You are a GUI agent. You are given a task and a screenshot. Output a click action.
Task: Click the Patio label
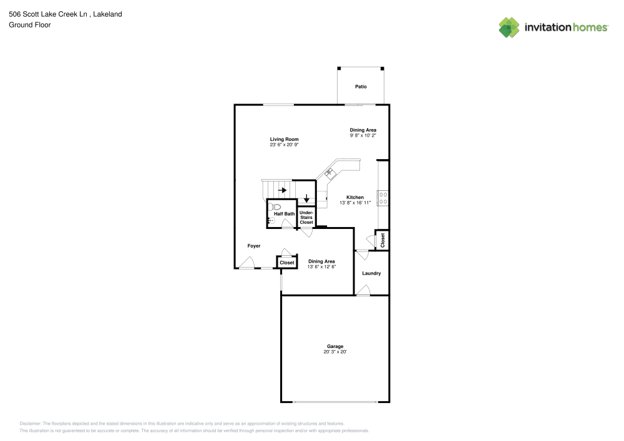click(361, 87)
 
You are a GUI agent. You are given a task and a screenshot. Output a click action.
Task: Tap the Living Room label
click(284, 139)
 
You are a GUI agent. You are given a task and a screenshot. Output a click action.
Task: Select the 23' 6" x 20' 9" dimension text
click(284, 145)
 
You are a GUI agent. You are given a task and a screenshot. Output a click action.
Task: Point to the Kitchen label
click(355, 197)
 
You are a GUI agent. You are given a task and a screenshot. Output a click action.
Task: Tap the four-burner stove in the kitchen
click(383, 198)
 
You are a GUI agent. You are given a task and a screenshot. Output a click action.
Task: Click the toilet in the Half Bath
click(276, 206)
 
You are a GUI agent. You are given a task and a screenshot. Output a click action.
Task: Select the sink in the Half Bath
click(271, 220)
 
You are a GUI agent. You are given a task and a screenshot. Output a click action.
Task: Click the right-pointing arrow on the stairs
click(282, 190)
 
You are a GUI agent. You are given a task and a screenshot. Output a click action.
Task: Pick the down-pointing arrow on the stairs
click(306, 198)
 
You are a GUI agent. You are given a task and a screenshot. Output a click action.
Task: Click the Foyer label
click(254, 246)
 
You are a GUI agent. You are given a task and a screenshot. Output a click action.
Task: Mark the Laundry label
click(372, 273)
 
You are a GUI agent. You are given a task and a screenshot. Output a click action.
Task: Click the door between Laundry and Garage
click(363, 290)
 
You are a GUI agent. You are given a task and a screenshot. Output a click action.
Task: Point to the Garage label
click(335, 346)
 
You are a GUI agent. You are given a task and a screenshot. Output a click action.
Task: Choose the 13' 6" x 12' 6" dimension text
click(321, 267)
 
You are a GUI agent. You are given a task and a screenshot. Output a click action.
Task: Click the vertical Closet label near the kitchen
click(383, 240)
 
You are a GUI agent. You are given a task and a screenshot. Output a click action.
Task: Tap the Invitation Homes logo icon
click(509, 27)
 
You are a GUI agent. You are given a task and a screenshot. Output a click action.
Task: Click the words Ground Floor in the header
click(30, 25)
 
